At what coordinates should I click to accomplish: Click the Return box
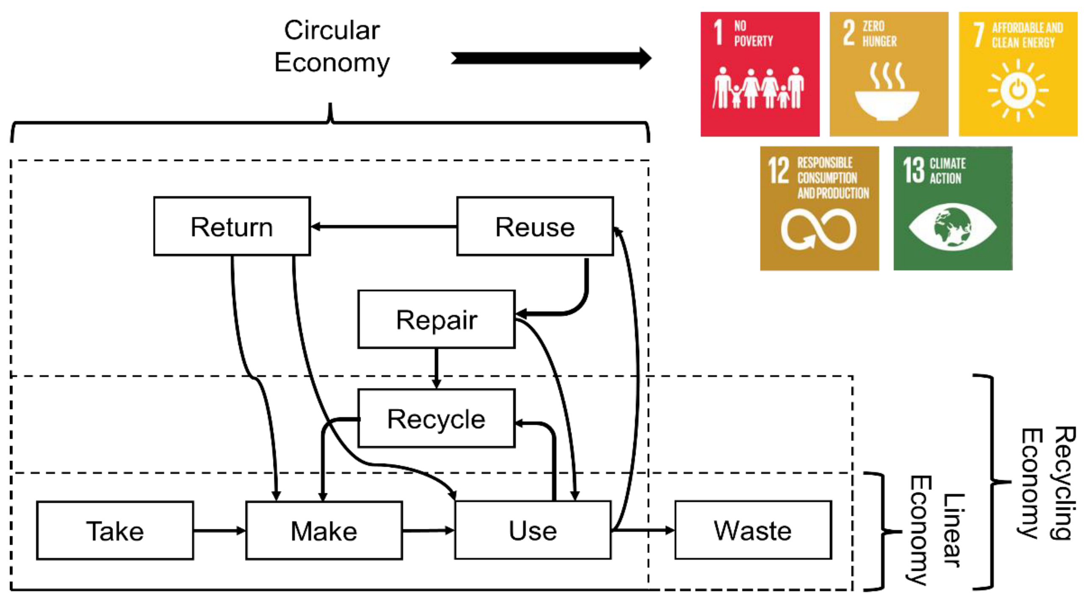click(x=232, y=226)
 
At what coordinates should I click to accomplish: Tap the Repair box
click(x=436, y=319)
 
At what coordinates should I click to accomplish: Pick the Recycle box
click(x=436, y=418)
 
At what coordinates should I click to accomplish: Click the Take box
click(x=115, y=531)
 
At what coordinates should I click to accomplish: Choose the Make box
click(x=324, y=531)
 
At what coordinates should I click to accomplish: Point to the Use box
click(x=533, y=530)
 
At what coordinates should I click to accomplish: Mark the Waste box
click(x=753, y=530)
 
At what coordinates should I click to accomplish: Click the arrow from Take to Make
click(x=219, y=531)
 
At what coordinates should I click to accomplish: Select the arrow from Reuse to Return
click(x=383, y=227)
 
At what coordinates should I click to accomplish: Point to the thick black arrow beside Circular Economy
click(x=550, y=58)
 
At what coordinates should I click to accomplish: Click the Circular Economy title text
click(x=332, y=47)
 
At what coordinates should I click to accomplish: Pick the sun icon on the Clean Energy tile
click(x=1017, y=90)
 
